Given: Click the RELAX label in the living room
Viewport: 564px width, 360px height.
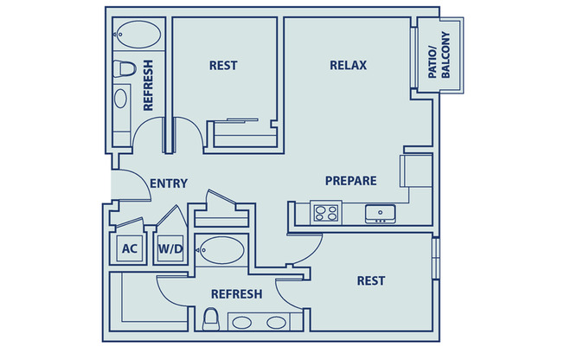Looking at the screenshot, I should pyautogui.click(x=349, y=65).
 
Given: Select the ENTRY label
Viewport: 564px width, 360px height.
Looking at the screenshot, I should pyautogui.click(x=169, y=183).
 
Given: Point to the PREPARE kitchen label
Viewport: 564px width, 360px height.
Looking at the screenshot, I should pyautogui.click(x=350, y=181).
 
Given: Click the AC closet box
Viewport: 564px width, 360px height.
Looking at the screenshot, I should pyautogui.click(x=130, y=249).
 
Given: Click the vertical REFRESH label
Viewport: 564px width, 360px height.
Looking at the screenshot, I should pyautogui.click(x=148, y=85).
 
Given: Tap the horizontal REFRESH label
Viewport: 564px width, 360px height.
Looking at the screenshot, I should pyautogui.click(x=236, y=294).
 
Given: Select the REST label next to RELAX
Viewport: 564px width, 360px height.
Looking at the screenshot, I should pyautogui.click(x=223, y=65).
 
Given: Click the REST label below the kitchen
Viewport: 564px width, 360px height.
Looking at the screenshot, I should pyautogui.click(x=371, y=280).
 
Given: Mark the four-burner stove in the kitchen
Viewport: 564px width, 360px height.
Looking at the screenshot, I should pyautogui.click(x=326, y=212).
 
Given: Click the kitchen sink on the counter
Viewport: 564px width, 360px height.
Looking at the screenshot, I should pyautogui.click(x=379, y=211).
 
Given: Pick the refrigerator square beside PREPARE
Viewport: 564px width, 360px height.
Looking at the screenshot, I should pyautogui.click(x=415, y=170).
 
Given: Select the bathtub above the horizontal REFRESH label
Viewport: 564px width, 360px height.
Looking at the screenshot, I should pyautogui.click(x=221, y=251).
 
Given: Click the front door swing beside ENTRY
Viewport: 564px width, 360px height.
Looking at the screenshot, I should pyautogui.click(x=130, y=186).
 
